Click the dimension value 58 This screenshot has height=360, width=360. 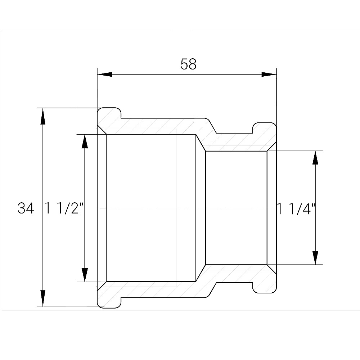pos(189,64)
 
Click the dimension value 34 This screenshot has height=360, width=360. pos(26,208)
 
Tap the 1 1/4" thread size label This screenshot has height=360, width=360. pos(296,209)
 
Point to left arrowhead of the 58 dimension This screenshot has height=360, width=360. pos(105,75)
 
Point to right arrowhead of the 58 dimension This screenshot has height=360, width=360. pos(269,75)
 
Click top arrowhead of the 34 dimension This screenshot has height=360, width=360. pos(43,116)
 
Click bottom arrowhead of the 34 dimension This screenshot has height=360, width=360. pos(43,298)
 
